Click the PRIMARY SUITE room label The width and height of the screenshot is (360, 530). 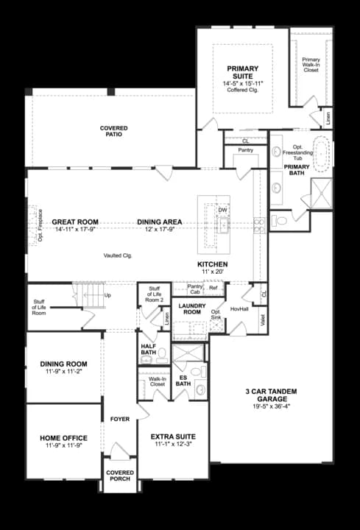click(x=242, y=72)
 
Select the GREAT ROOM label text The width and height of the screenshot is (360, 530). click(x=75, y=222)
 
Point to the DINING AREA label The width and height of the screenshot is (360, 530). click(x=160, y=222)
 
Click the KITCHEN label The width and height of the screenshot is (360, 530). click(x=212, y=264)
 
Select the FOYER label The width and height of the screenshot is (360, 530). click(x=120, y=419)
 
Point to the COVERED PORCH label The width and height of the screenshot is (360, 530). click(x=120, y=476)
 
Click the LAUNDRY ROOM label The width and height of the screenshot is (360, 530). click(x=189, y=308)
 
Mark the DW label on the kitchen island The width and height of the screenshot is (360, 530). click(x=222, y=211)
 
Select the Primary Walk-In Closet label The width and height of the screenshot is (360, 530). click(x=311, y=65)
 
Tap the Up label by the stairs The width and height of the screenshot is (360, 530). click(x=109, y=296)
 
